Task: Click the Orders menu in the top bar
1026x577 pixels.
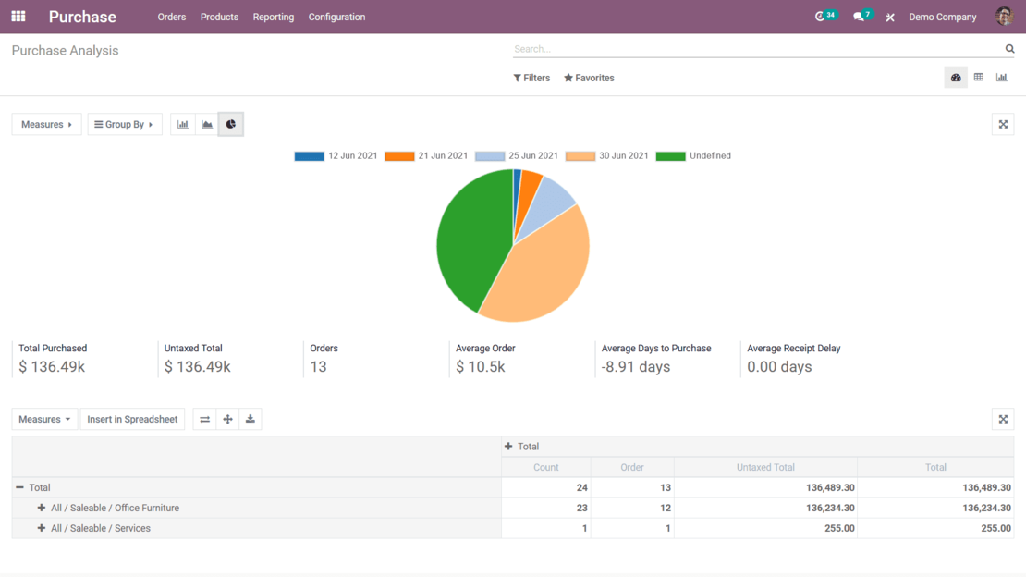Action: coord(171,17)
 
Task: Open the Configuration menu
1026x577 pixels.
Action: coord(336,17)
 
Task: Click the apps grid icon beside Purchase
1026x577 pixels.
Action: coord(18,17)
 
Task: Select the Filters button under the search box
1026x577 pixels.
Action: coord(531,78)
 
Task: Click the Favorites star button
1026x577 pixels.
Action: coord(589,78)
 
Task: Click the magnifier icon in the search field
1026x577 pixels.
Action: coord(1009,49)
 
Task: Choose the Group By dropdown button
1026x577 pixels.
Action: coord(124,124)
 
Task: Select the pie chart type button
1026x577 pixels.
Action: coord(230,124)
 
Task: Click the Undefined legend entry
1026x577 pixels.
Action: coord(694,156)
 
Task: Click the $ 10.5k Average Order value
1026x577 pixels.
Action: coord(481,367)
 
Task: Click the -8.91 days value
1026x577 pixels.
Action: coord(636,367)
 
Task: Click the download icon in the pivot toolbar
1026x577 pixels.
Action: coord(250,419)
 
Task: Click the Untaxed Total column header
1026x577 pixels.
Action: coord(765,467)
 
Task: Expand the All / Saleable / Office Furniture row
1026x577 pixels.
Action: coord(42,508)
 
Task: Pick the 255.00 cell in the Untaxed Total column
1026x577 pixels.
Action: coord(832,528)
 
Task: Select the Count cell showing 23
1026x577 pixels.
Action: coord(581,508)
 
